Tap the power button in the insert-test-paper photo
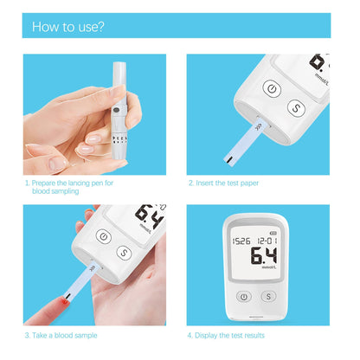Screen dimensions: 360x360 click(272, 90)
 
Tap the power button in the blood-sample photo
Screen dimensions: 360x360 click(104, 237)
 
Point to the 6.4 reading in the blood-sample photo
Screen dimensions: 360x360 click(150, 215)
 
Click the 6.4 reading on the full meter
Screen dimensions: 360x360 click(263, 256)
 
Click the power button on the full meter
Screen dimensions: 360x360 click(245, 296)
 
